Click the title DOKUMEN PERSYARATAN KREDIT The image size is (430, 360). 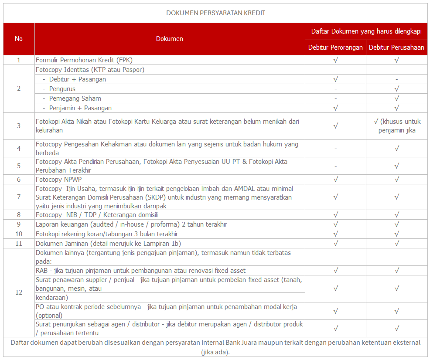coord(215,13)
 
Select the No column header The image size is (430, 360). coord(19,39)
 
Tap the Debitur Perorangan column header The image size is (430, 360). coord(335,48)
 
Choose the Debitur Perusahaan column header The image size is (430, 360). coord(396,48)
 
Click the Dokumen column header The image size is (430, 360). coord(170,39)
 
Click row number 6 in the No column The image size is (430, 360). coord(19,180)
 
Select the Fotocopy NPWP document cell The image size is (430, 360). coord(58,180)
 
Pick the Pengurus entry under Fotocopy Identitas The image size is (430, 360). coord(62,89)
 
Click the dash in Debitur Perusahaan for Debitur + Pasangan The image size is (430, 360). coord(396,79)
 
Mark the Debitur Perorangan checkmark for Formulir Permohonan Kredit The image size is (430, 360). coord(335,60)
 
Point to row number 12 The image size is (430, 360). coord(19,292)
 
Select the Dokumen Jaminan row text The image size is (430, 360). coord(108,244)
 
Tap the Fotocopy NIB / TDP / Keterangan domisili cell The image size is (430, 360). coord(96,215)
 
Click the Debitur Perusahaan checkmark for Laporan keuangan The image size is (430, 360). coord(396,224)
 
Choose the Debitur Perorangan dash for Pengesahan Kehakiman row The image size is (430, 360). coord(335,149)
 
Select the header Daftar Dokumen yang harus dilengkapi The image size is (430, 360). coord(366,31)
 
